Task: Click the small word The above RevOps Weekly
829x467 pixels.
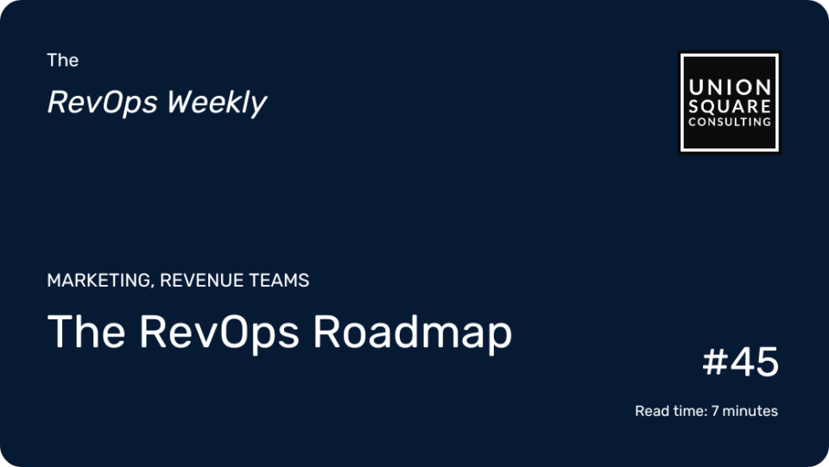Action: pos(63,60)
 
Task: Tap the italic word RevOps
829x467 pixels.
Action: pos(103,103)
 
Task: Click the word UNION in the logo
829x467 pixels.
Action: pos(730,87)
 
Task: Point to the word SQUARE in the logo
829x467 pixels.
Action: pos(730,106)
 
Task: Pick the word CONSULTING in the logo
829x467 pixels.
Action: pos(730,122)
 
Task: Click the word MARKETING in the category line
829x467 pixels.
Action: pos(98,280)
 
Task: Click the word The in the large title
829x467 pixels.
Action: pos(86,331)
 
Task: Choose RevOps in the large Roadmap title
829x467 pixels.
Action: pos(219,333)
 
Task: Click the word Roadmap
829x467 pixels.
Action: pos(413,333)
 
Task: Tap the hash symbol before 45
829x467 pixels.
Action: pos(715,362)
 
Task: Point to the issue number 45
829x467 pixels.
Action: pos(755,362)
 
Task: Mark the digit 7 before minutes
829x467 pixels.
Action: pos(715,411)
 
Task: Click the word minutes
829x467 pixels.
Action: pos(750,411)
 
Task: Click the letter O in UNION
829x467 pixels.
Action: pos(743,87)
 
